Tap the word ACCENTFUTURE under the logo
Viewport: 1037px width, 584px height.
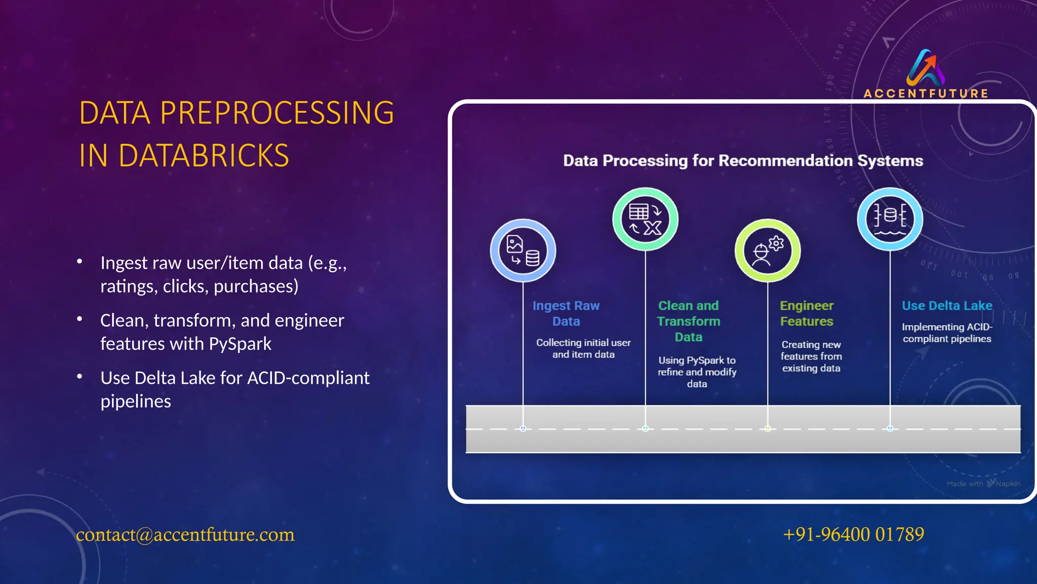926,94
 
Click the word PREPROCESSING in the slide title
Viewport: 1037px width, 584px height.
277,113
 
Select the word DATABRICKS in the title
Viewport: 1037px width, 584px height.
204,156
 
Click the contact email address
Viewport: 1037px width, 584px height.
185,534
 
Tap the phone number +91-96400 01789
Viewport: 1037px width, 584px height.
853,534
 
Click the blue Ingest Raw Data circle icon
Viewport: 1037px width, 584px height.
523,250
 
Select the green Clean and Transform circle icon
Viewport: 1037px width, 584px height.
645,219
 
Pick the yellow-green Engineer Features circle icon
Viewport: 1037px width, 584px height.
768,250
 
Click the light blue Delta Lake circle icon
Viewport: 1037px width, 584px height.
890,219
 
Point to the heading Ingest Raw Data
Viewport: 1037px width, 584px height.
566,313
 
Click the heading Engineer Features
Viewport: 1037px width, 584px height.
807,313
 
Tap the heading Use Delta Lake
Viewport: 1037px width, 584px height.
947,306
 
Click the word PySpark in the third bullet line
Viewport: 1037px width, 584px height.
240,344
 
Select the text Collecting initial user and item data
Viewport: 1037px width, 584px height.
583,349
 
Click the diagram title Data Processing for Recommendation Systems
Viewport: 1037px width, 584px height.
743,161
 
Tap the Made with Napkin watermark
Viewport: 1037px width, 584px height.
983,484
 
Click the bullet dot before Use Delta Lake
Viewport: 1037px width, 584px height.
79,377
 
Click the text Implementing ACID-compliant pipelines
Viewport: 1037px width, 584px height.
947,333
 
